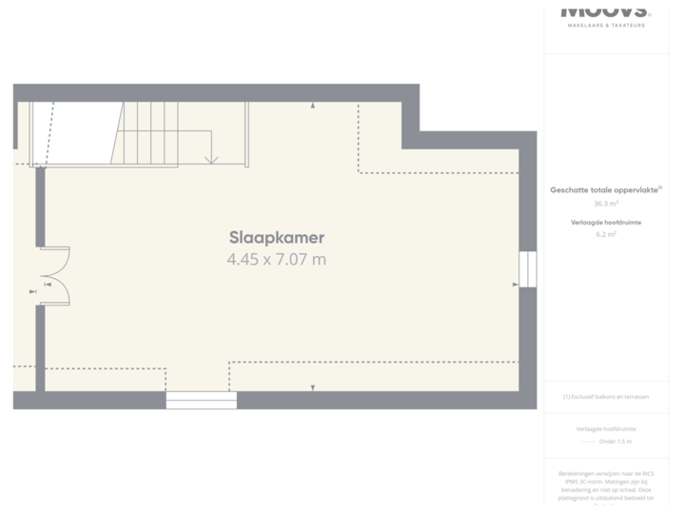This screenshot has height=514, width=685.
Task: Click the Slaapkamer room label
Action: pyautogui.click(x=277, y=238)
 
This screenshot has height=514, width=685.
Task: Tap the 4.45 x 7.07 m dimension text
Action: pyautogui.click(x=277, y=259)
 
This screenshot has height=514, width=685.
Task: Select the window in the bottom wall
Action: pyautogui.click(x=201, y=400)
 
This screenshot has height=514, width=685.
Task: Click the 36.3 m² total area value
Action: pyautogui.click(x=606, y=204)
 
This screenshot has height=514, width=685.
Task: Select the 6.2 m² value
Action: pyautogui.click(x=606, y=234)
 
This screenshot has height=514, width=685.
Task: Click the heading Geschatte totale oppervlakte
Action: pyautogui.click(x=605, y=190)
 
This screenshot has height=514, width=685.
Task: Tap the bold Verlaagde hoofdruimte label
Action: pyautogui.click(x=606, y=222)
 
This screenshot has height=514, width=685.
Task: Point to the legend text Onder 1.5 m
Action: pyautogui.click(x=615, y=442)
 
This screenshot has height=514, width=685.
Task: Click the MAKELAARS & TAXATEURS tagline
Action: pyautogui.click(x=606, y=25)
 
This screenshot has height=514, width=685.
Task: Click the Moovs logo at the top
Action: pyautogui.click(x=606, y=9)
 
